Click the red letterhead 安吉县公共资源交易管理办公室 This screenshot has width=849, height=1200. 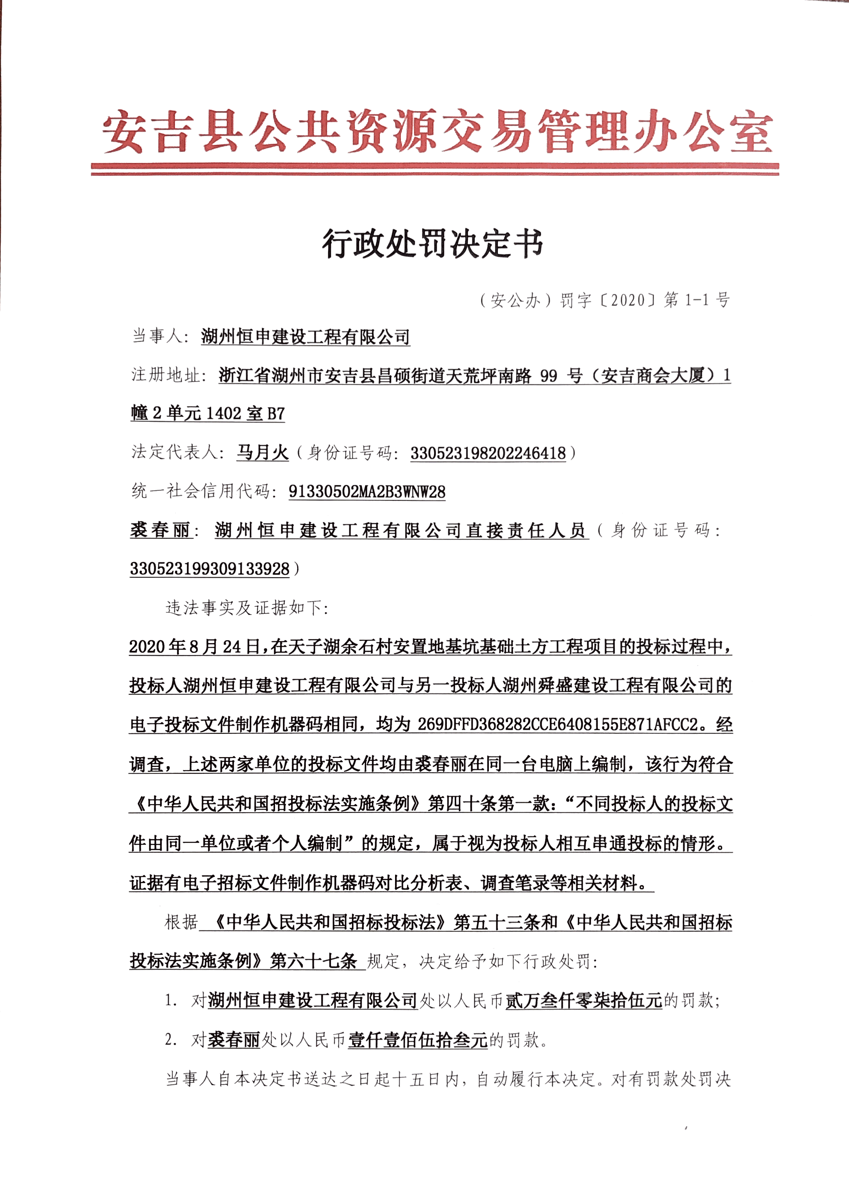pos(437,132)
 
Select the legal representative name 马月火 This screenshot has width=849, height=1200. pos(263,452)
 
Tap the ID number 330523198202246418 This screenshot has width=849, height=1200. pos(488,453)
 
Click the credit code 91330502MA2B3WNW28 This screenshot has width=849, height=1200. pos(367,492)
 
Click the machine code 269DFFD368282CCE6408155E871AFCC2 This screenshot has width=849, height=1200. pos(557,725)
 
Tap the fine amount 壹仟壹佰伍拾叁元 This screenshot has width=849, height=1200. pos(417,1040)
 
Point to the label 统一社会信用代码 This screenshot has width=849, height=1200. pos(201,491)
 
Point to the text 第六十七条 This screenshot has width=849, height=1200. pos(313,961)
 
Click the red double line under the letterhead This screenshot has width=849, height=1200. pos(434,169)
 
